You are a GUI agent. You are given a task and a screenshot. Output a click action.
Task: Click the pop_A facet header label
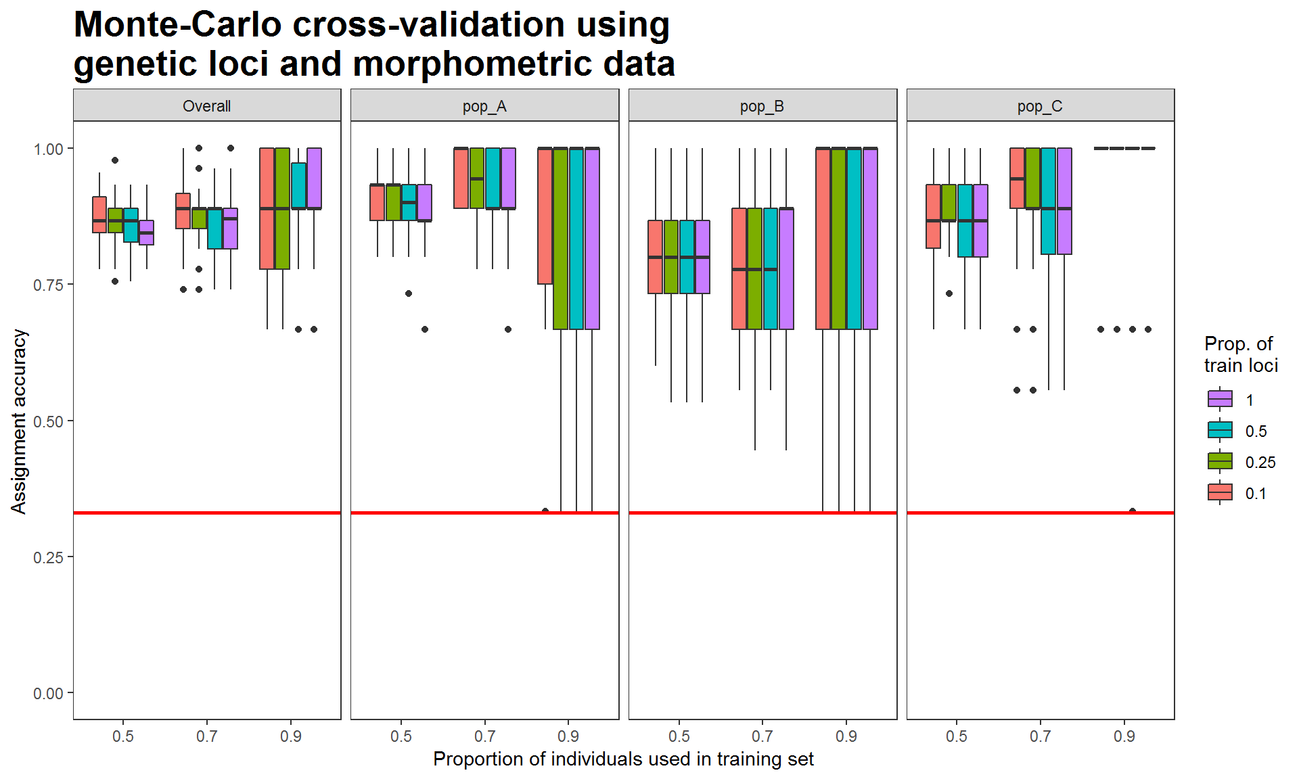pos(484,106)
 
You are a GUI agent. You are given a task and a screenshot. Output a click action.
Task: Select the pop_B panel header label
pos(762,106)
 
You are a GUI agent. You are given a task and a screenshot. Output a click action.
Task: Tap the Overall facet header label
pos(206,106)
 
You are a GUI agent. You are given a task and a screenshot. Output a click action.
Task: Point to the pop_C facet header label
pos(1040,106)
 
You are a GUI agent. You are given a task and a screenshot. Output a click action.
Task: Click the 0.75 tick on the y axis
pos(48,285)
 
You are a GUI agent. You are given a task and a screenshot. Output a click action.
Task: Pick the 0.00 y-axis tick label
pos(48,693)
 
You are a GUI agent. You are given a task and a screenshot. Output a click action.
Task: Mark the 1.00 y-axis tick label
pos(48,149)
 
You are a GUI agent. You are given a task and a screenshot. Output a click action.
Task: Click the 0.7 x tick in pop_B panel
pos(762,736)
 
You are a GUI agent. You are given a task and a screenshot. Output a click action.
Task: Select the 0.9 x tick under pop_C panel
pos(1124,736)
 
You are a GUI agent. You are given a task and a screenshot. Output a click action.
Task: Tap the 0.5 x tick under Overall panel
pos(123,736)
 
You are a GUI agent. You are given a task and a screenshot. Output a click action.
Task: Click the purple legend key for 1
pos(1220,400)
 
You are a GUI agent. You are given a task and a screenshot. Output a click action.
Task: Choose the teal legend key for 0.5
pos(1220,431)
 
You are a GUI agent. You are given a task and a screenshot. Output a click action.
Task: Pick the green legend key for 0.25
pos(1220,462)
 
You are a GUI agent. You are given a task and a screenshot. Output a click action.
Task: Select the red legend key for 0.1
pos(1220,493)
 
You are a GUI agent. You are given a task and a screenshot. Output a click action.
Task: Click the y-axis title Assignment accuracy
pos(19,421)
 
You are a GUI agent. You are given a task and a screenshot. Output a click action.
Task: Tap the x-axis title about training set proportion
pos(623,759)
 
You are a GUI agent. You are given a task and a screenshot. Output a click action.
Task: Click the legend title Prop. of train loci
pos(1240,354)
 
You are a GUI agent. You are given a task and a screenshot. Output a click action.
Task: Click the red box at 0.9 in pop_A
pos(545,216)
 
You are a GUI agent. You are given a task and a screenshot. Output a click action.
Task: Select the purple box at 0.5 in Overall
pos(147,233)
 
